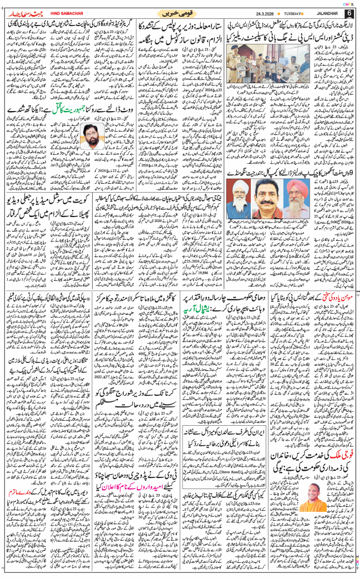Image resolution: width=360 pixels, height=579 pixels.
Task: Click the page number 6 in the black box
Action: click(x=349, y=12)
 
